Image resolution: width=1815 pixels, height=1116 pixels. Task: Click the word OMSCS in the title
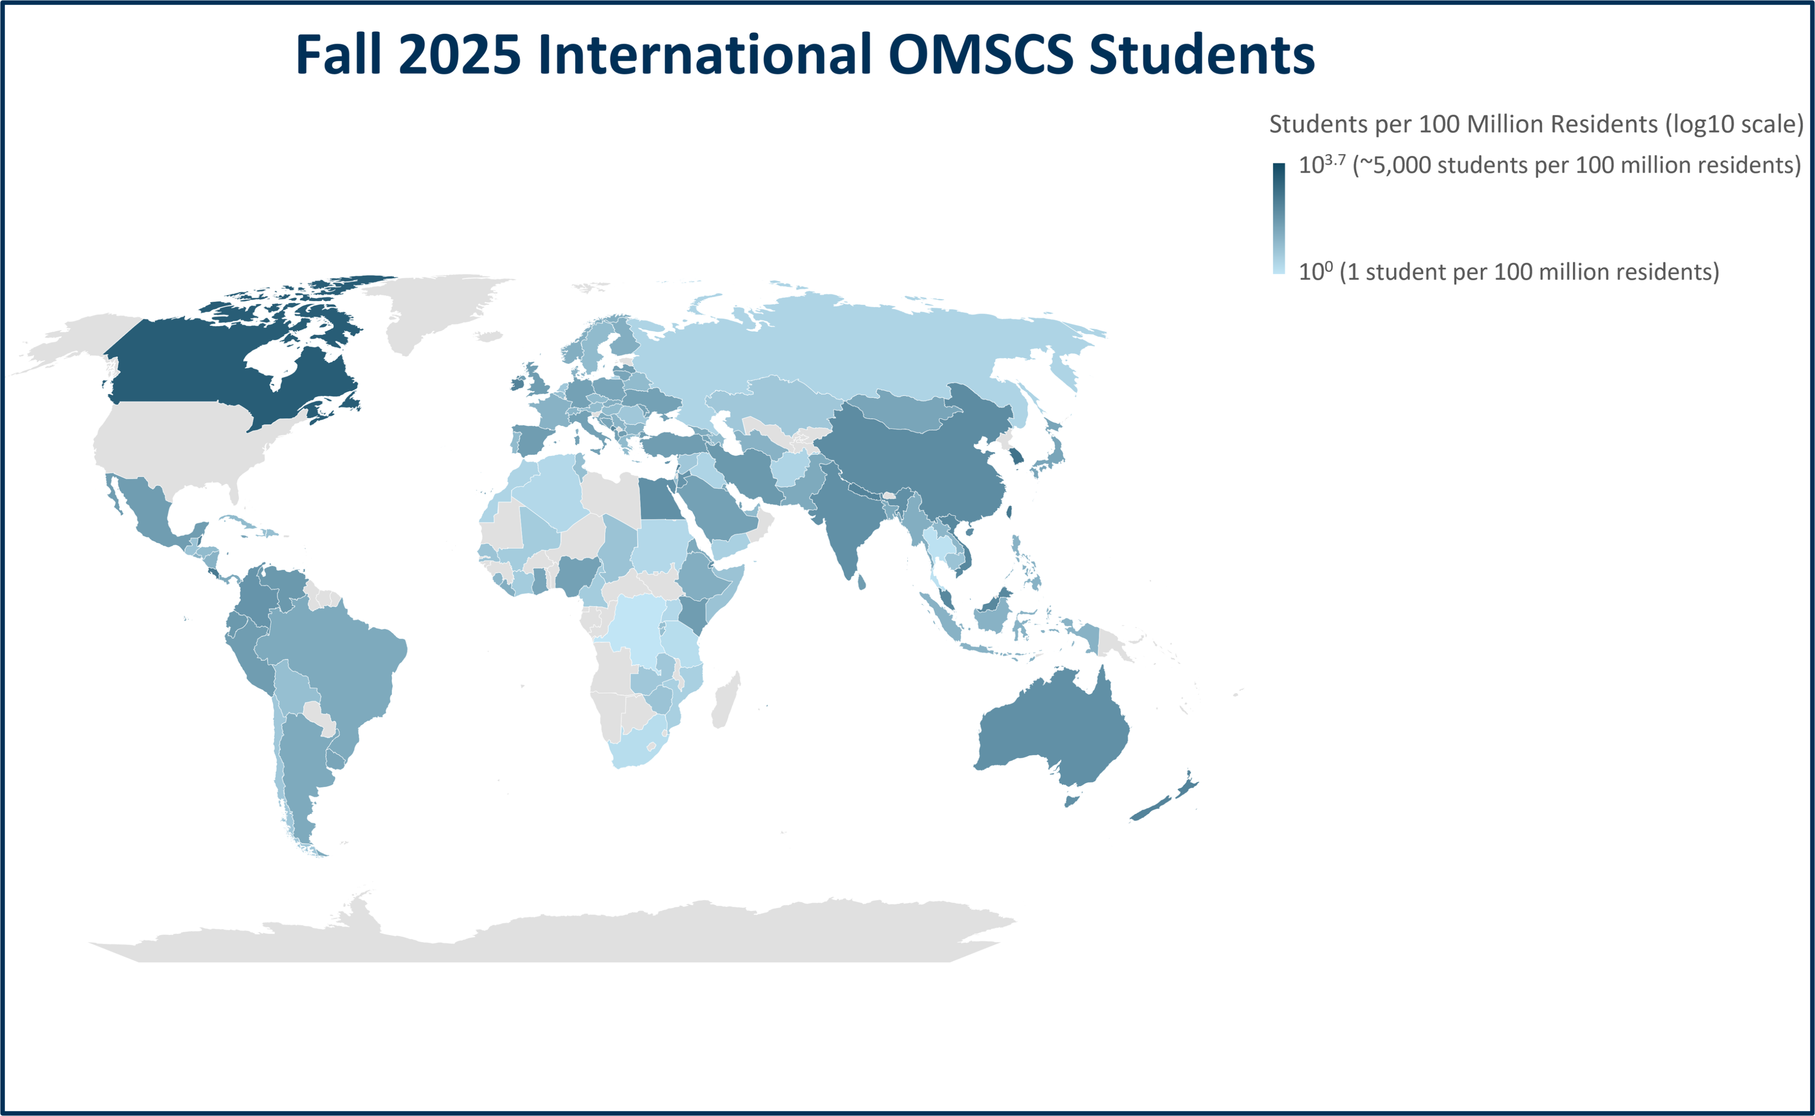pos(980,54)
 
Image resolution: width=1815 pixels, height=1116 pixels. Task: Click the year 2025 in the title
pos(460,54)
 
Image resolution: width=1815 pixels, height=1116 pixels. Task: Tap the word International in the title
pos(705,54)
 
